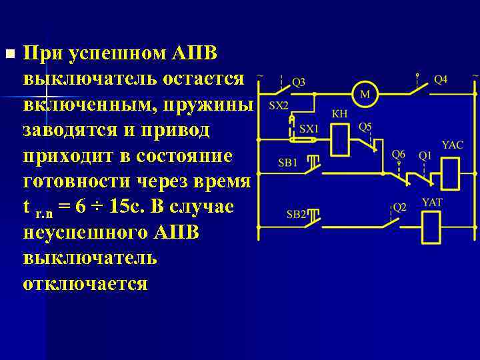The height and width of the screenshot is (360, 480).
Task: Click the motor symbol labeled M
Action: click(x=365, y=94)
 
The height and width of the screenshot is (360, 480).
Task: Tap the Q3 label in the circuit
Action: click(x=298, y=82)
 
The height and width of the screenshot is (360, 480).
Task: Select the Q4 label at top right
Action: click(x=441, y=79)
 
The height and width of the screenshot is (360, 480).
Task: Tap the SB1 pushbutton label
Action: click(x=287, y=163)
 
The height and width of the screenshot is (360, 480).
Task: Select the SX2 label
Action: click(x=279, y=105)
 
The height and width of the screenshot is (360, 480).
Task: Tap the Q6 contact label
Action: click(x=398, y=154)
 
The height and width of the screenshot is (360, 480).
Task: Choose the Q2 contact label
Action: click(x=399, y=207)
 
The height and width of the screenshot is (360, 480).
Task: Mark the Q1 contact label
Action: click(x=425, y=155)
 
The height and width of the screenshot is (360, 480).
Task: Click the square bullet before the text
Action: click(x=9, y=53)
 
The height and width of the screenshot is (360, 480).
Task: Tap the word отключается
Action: click(x=85, y=283)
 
